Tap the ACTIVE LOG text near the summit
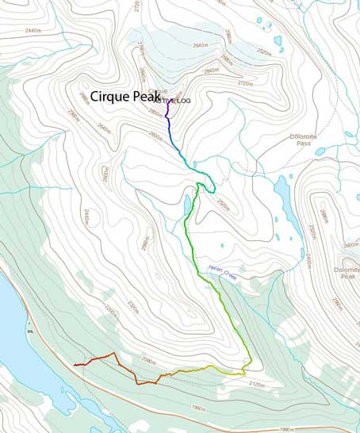coord(172,101)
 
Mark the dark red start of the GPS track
coord(75,365)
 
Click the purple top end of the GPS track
coord(166,104)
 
